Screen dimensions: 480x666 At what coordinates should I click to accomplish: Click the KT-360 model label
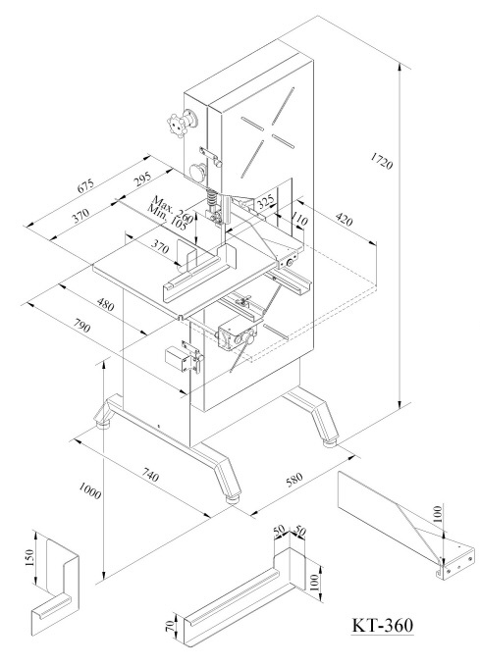click(x=382, y=625)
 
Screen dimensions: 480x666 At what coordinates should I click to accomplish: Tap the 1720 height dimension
click(x=381, y=161)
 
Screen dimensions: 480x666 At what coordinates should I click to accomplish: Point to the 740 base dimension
click(x=150, y=475)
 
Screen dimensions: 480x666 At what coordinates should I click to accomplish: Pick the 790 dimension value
click(x=81, y=325)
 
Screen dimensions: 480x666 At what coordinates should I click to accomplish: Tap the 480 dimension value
click(x=105, y=303)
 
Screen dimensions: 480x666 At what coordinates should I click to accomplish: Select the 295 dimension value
click(x=143, y=179)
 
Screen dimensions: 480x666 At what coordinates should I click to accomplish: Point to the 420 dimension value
click(x=344, y=219)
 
